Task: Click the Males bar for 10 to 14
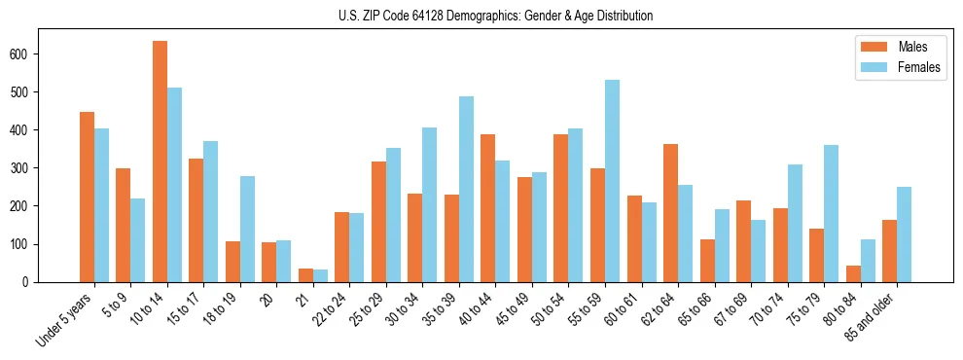pyautogui.click(x=160, y=162)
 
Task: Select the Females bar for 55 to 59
pyautogui.click(x=612, y=181)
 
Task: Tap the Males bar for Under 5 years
pyautogui.click(x=87, y=197)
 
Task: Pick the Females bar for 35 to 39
pyautogui.click(x=466, y=189)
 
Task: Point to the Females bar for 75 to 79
pyautogui.click(x=831, y=213)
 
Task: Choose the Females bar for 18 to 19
pyautogui.click(x=247, y=229)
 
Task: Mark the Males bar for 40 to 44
pyautogui.click(x=488, y=208)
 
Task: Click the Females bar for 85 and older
pyautogui.click(x=904, y=234)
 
